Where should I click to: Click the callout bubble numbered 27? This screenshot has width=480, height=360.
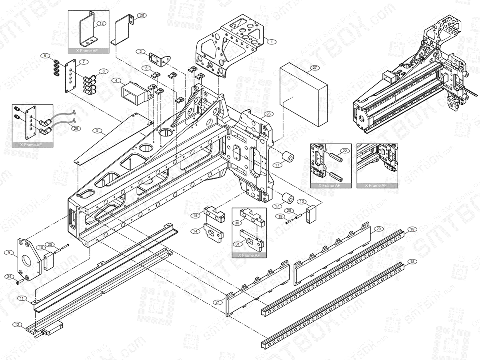click(x=314, y=68)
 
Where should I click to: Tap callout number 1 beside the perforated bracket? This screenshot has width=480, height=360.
click(x=271, y=41)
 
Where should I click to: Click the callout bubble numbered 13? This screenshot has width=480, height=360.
click(x=102, y=24)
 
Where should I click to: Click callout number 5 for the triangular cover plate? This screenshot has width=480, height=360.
click(x=96, y=130)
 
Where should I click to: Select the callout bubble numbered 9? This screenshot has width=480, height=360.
click(x=8, y=252)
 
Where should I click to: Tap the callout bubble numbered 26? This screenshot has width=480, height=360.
click(x=268, y=114)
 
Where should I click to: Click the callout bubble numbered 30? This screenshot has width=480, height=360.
click(x=237, y=223)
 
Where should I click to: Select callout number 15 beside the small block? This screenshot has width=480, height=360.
click(x=195, y=216)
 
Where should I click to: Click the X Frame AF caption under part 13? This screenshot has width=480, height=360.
click(x=88, y=51)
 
